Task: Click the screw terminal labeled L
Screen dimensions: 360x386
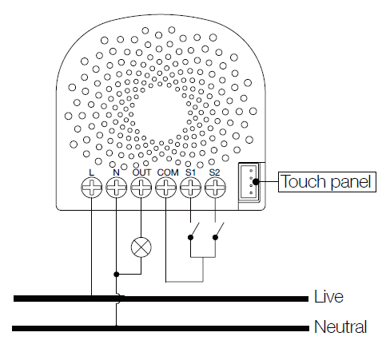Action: pos(92,188)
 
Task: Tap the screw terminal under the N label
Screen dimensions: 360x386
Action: pos(117,188)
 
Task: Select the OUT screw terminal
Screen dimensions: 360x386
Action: pos(141,188)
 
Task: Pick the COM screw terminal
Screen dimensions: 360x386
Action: pos(166,188)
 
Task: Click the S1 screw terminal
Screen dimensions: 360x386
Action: pos(191,188)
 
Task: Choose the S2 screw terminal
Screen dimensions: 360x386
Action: pos(215,188)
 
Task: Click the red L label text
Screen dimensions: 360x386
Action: pos(92,172)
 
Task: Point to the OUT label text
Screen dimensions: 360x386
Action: pos(141,172)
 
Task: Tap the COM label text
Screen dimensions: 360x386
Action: pos(167,172)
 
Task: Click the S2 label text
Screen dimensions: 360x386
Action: pos(215,172)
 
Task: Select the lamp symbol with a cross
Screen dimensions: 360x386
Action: pos(141,247)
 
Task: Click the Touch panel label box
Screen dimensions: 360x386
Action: pos(327,182)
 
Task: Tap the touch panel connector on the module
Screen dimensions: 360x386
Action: pos(251,182)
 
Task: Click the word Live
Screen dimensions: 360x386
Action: pos(329,297)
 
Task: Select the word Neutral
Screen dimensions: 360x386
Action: pos(340,327)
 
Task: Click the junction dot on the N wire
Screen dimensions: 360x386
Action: pos(117,274)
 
